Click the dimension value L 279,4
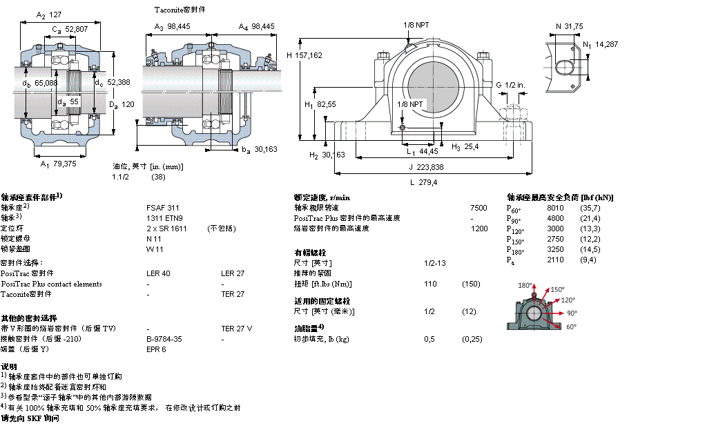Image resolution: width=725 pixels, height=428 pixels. (425, 182)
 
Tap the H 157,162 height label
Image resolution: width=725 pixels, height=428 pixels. (304, 55)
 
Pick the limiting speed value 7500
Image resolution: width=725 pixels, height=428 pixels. (478, 207)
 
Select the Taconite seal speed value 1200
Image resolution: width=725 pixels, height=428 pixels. (478, 228)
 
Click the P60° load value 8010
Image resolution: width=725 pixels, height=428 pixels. (555, 208)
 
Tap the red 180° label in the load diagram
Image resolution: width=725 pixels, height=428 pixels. (525, 285)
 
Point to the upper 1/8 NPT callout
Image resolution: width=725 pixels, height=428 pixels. (416, 25)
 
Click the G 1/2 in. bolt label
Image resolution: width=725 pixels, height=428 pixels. (510, 84)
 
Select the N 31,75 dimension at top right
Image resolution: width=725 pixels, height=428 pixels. (570, 26)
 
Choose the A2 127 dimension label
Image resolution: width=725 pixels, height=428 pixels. (49, 14)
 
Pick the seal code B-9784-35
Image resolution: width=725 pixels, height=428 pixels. (164, 339)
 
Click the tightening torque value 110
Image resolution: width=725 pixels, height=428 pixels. (429, 284)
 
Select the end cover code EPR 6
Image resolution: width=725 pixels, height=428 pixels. (156, 349)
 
